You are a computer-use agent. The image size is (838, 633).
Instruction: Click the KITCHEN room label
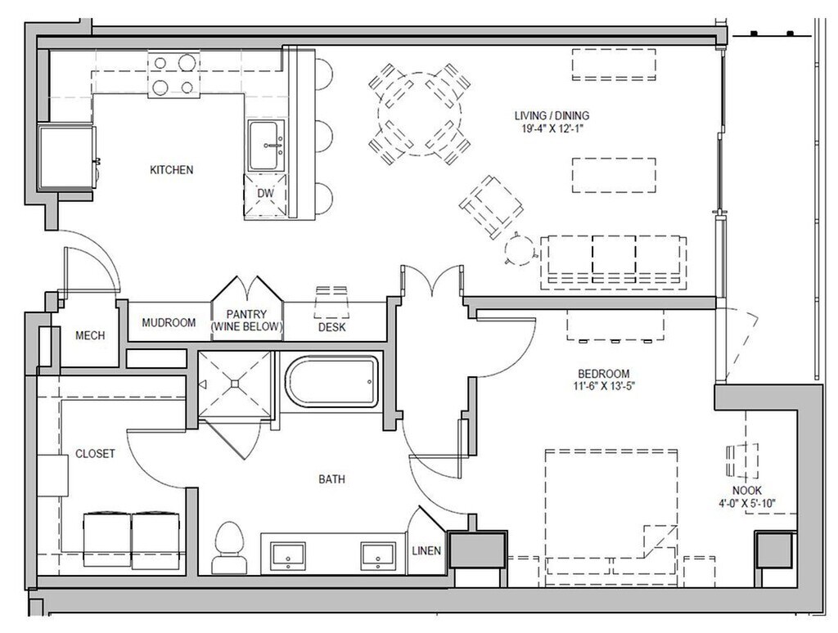pyautogui.click(x=171, y=170)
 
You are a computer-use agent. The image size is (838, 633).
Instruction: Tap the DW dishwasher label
pyautogui.click(x=265, y=193)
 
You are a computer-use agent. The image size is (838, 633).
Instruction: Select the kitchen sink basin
pyautogui.click(x=266, y=146)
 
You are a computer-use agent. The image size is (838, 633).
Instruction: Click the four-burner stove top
pyautogui.click(x=173, y=74)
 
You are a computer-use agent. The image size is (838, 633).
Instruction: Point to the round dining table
pyautogui.click(x=419, y=114)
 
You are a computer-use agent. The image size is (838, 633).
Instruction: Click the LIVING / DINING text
pyautogui.click(x=552, y=115)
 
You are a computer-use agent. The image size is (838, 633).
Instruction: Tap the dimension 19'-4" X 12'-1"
pyautogui.click(x=552, y=128)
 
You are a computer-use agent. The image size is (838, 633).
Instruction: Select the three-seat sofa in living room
pyautogui.click(x=614, y=262)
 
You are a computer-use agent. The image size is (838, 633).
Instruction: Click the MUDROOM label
pyautogui.click(x=169, y=323)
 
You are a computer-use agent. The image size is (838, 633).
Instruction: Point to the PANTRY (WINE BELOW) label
pyautogui.click(x=246, y=321)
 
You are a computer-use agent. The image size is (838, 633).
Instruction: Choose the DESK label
pyautogui.click(x=332, y=327)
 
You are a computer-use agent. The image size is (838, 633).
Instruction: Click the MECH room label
pyautogui.click(x=90, y=335)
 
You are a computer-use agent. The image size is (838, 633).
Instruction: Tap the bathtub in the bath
pyautogui.click(x=332, y=382)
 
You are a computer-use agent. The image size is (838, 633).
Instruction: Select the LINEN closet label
pyautogui.click(x=426, y=550)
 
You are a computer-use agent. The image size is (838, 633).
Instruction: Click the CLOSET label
pyautogui.click(x=95, y=454)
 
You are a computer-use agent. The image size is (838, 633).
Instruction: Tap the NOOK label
pyautogui.click(x=747, y=491)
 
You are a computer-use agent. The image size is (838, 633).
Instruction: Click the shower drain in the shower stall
pyautogui.click(x=235, y=383)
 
